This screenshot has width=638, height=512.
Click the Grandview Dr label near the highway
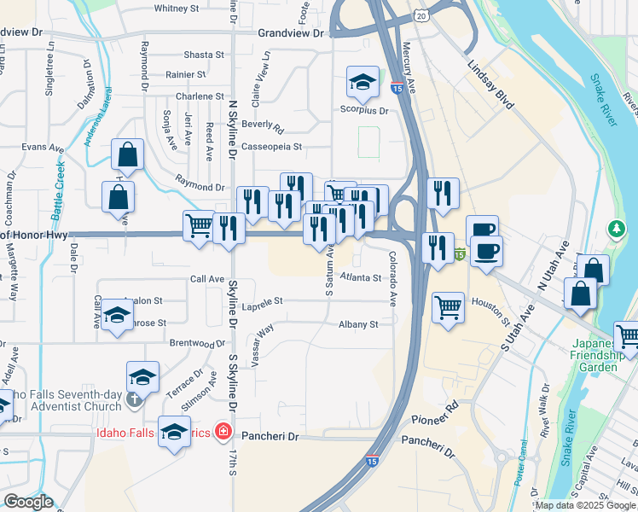tap(291, 33)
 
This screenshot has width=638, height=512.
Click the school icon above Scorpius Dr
tap(362, 82)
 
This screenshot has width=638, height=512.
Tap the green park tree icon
tap(616, 229)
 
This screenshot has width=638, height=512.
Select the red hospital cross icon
tap(223, 432)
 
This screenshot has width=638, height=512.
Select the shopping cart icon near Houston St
tap(448, 305)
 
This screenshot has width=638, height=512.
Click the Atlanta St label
tap(359, 277)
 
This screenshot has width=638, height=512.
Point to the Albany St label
tap(357, 324)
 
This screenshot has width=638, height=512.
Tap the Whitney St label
tap(177, 9)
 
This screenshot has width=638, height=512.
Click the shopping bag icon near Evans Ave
tap(127, 155)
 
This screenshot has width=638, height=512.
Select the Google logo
tap(27, 502)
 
